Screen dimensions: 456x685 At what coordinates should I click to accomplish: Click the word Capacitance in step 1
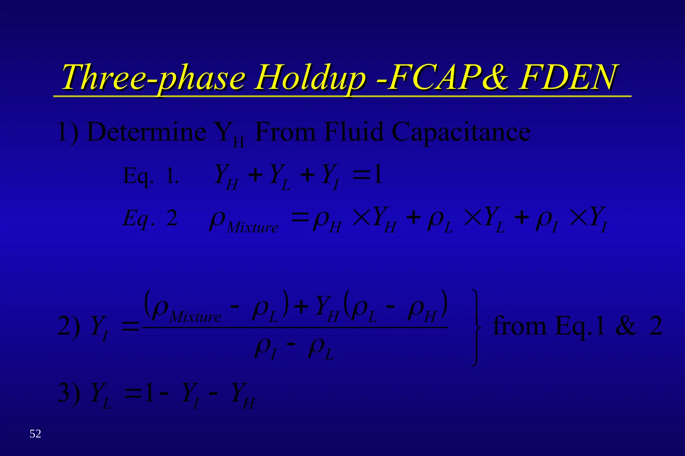click(x=461, y=132)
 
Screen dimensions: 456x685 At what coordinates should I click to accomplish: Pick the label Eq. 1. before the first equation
click(x=151, y=176)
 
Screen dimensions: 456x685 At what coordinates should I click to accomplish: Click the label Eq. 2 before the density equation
click(x=150, y=219)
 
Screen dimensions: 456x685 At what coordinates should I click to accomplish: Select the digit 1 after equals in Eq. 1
click(x=377, y=174)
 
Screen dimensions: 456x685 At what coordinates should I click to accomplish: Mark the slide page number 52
click(x=35, y=434)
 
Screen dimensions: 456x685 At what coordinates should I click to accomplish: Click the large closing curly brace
click(x=476, y=327)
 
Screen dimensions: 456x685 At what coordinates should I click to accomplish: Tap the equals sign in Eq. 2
click(x=300, y=218)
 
